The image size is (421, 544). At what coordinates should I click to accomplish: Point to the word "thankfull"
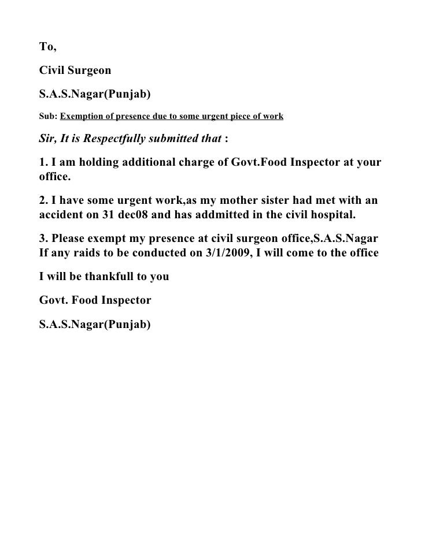pos(109,276)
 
